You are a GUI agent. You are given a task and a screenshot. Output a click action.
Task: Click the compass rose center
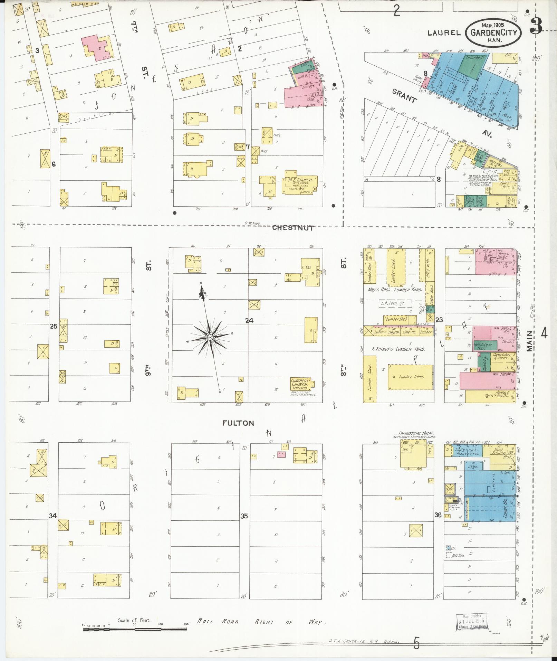pos(209,337)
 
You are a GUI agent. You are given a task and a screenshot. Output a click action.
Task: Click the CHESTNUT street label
pos(293,228)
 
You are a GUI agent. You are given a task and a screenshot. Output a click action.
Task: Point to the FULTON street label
pos(238,423)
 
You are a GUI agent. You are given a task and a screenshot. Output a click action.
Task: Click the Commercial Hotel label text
pos(416,433)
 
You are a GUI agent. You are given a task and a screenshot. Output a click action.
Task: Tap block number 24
pos(249,321)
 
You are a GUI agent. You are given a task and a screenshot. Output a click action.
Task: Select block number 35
pos(244,516)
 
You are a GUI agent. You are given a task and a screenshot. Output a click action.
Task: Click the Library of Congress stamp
pos(471,623)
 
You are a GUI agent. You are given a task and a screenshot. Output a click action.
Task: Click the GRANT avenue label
pos(404,96)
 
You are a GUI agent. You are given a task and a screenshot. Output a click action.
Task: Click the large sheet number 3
pos(536,26)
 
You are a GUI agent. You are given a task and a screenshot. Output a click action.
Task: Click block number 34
pos(52,516)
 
